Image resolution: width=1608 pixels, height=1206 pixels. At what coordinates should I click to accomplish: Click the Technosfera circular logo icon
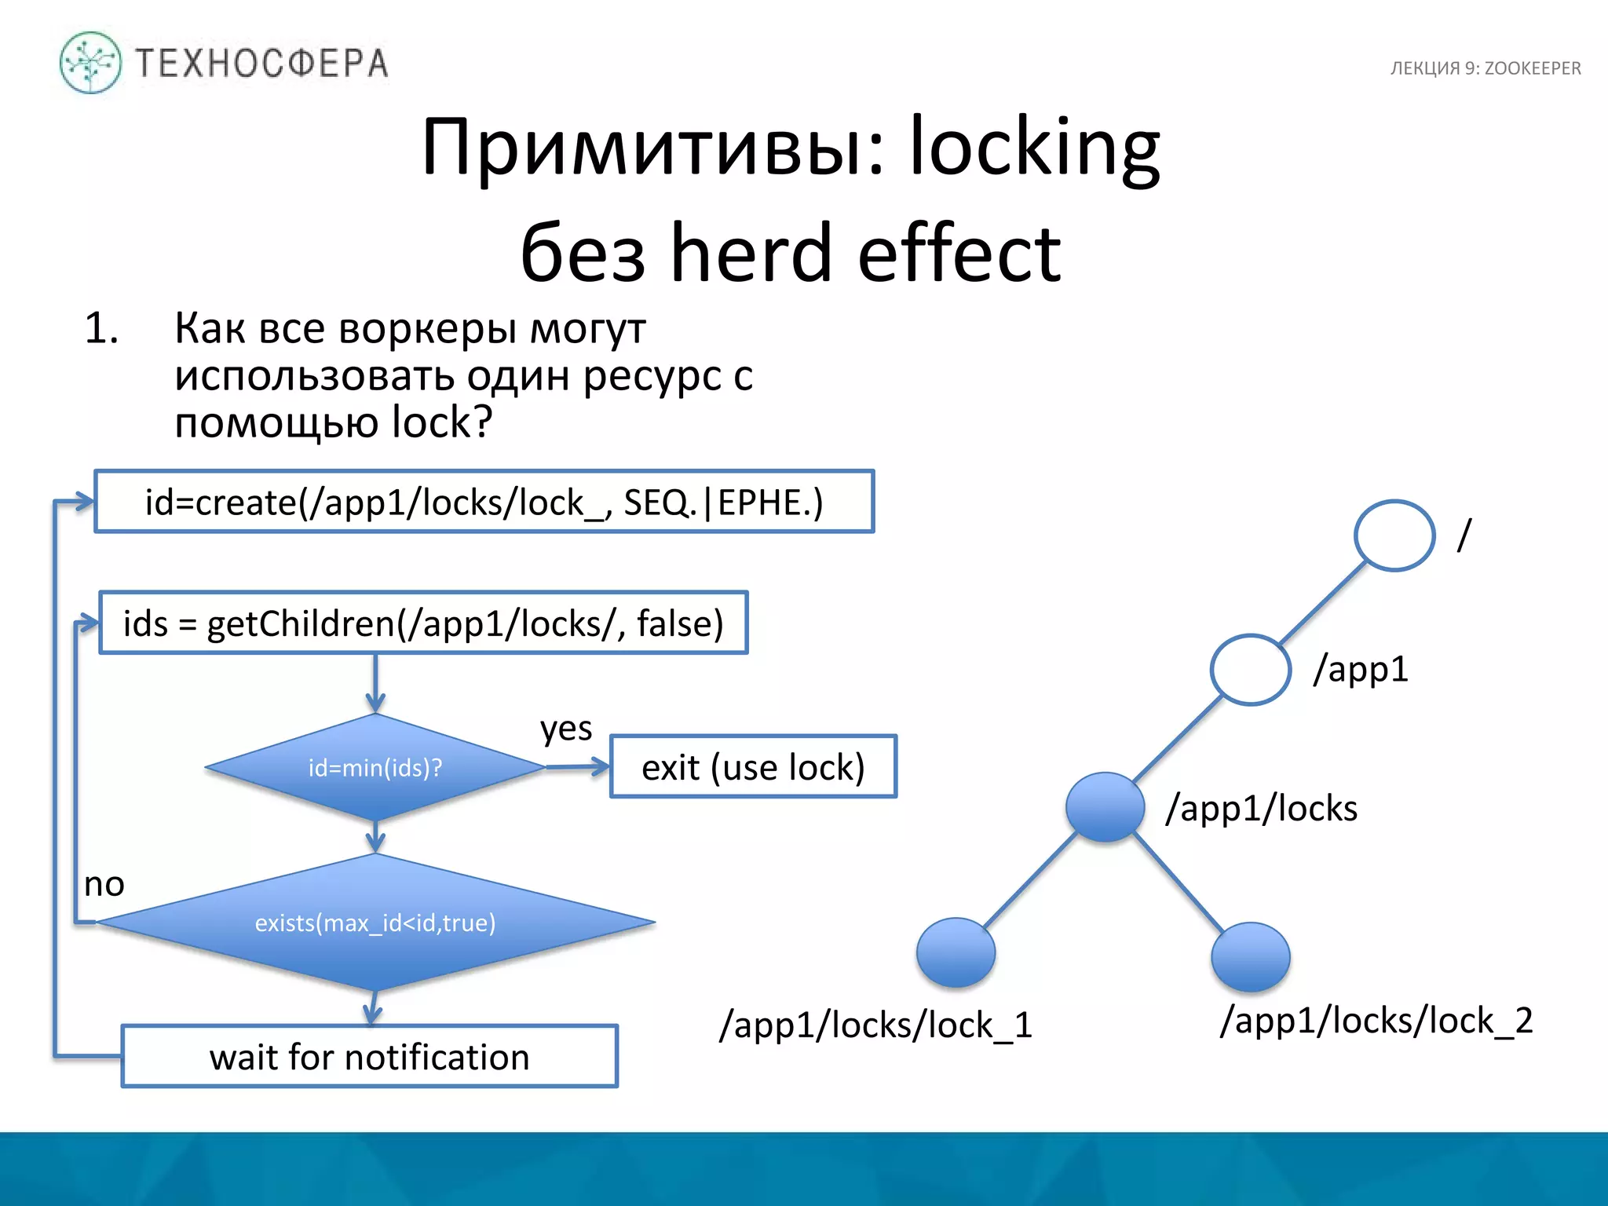coord(90,63)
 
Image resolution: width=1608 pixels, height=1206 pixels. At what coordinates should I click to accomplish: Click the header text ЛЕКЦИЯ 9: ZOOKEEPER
coord(1485,68)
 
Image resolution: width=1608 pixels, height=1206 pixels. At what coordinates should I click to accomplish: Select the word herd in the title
coord(751,253)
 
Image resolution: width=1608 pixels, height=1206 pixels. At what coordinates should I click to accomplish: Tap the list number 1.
coord(101,328)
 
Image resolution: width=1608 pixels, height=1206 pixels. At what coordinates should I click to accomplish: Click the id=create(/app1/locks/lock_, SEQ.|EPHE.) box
coord(484,502)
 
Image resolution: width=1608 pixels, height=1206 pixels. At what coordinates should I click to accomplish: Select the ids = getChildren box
coord(423,623)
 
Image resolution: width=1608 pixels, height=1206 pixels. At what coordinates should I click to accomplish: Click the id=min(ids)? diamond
coord(375,767)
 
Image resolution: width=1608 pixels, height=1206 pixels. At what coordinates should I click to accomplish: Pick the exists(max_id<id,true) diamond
coord(375,923)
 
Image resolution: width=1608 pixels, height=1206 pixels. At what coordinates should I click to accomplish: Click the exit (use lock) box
coord(753,767)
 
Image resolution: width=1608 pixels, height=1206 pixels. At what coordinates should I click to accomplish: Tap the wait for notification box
coord(369,1057)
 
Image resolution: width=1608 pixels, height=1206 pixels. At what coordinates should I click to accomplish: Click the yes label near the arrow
coord(565,729)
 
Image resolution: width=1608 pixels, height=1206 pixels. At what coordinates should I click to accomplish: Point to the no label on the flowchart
coord(104,885)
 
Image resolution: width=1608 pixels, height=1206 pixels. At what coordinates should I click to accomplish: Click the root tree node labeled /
coord(1394,535)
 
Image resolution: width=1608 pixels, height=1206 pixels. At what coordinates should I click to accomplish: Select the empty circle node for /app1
coord(1250,670)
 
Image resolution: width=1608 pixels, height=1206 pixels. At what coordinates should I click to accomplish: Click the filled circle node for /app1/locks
coord(1105,807)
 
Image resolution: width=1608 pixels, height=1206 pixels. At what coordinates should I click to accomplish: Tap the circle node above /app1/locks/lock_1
coord(956,952)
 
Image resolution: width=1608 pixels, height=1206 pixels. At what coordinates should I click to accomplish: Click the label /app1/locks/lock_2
coord(1376,1021)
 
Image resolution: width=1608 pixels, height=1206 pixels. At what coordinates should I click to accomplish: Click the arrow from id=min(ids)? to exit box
coord(578,766)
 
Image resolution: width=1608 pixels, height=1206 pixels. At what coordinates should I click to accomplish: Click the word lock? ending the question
coord(442,422)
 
